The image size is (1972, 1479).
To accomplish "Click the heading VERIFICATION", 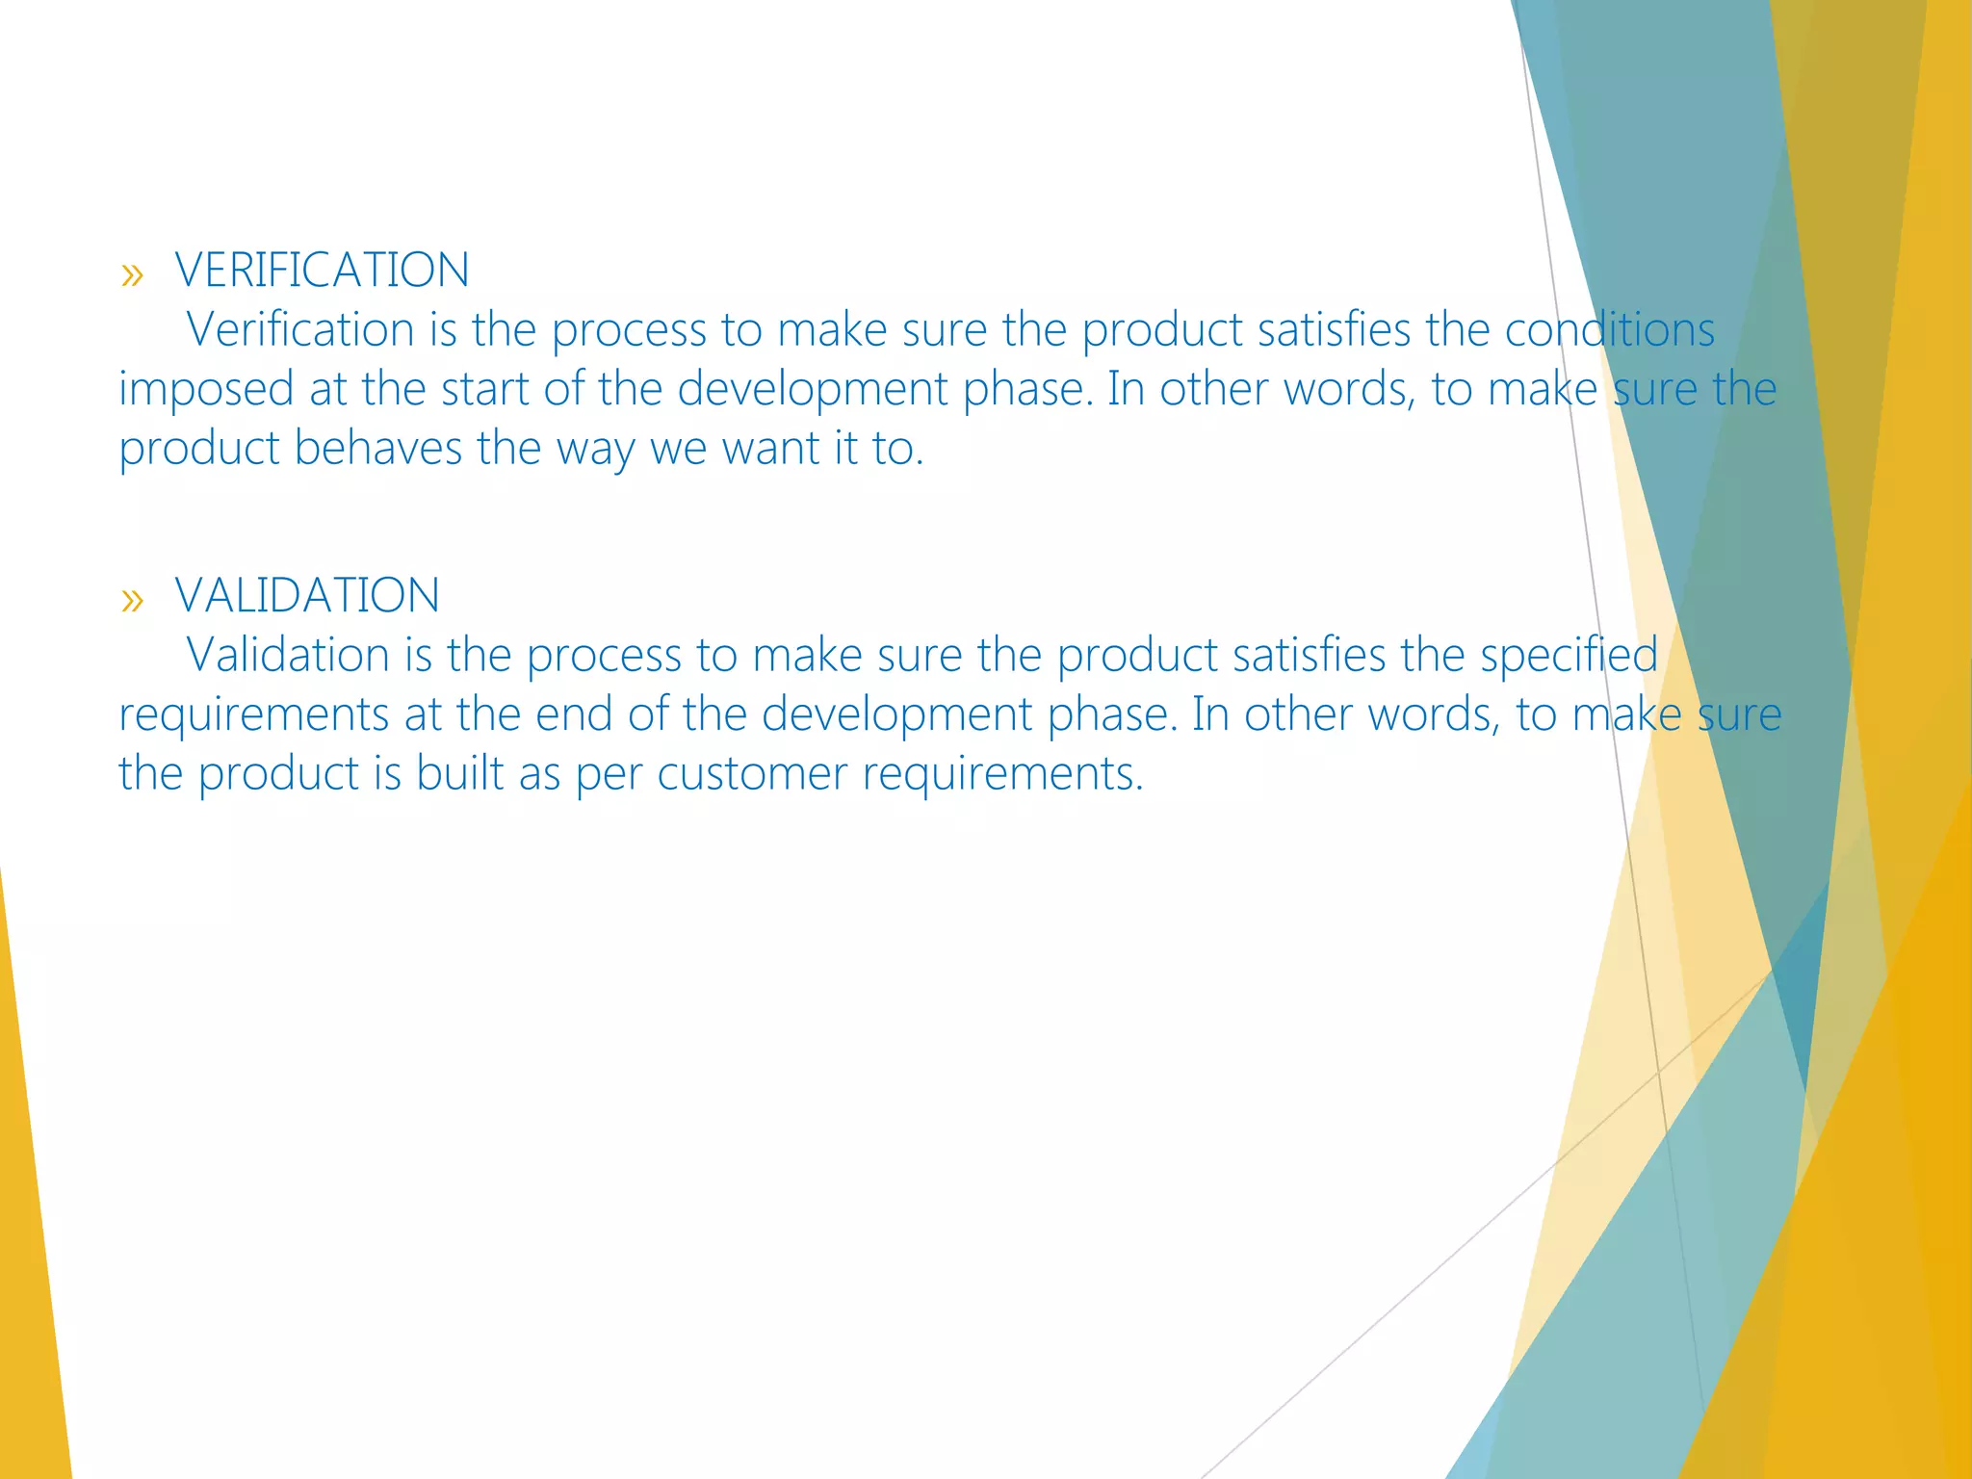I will pyautogui.click(x=322, y=270).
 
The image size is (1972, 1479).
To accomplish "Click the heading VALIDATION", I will pyautogui.click(x=307, y=595).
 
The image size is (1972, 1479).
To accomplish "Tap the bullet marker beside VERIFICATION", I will pyautogui.click(x=132, y=275).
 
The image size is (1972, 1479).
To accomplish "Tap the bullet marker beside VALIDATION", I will pyautogui.click(x=132, y=601).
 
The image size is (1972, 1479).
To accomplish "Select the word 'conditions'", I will pyautogui.click(x=1609, y=329).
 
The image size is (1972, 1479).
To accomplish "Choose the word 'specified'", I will pyautogui.click(x=1569, y=655).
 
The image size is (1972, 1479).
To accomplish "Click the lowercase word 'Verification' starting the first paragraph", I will pyautogui.click(x=300, y=329).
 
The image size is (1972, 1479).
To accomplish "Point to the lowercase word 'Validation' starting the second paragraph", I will pyautogui.click(x=288, y=655).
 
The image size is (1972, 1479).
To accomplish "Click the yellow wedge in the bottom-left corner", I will pyautogui.click(x=29, y=1252).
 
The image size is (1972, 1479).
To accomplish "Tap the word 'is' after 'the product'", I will pyautogui.click(x=386, y=773).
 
